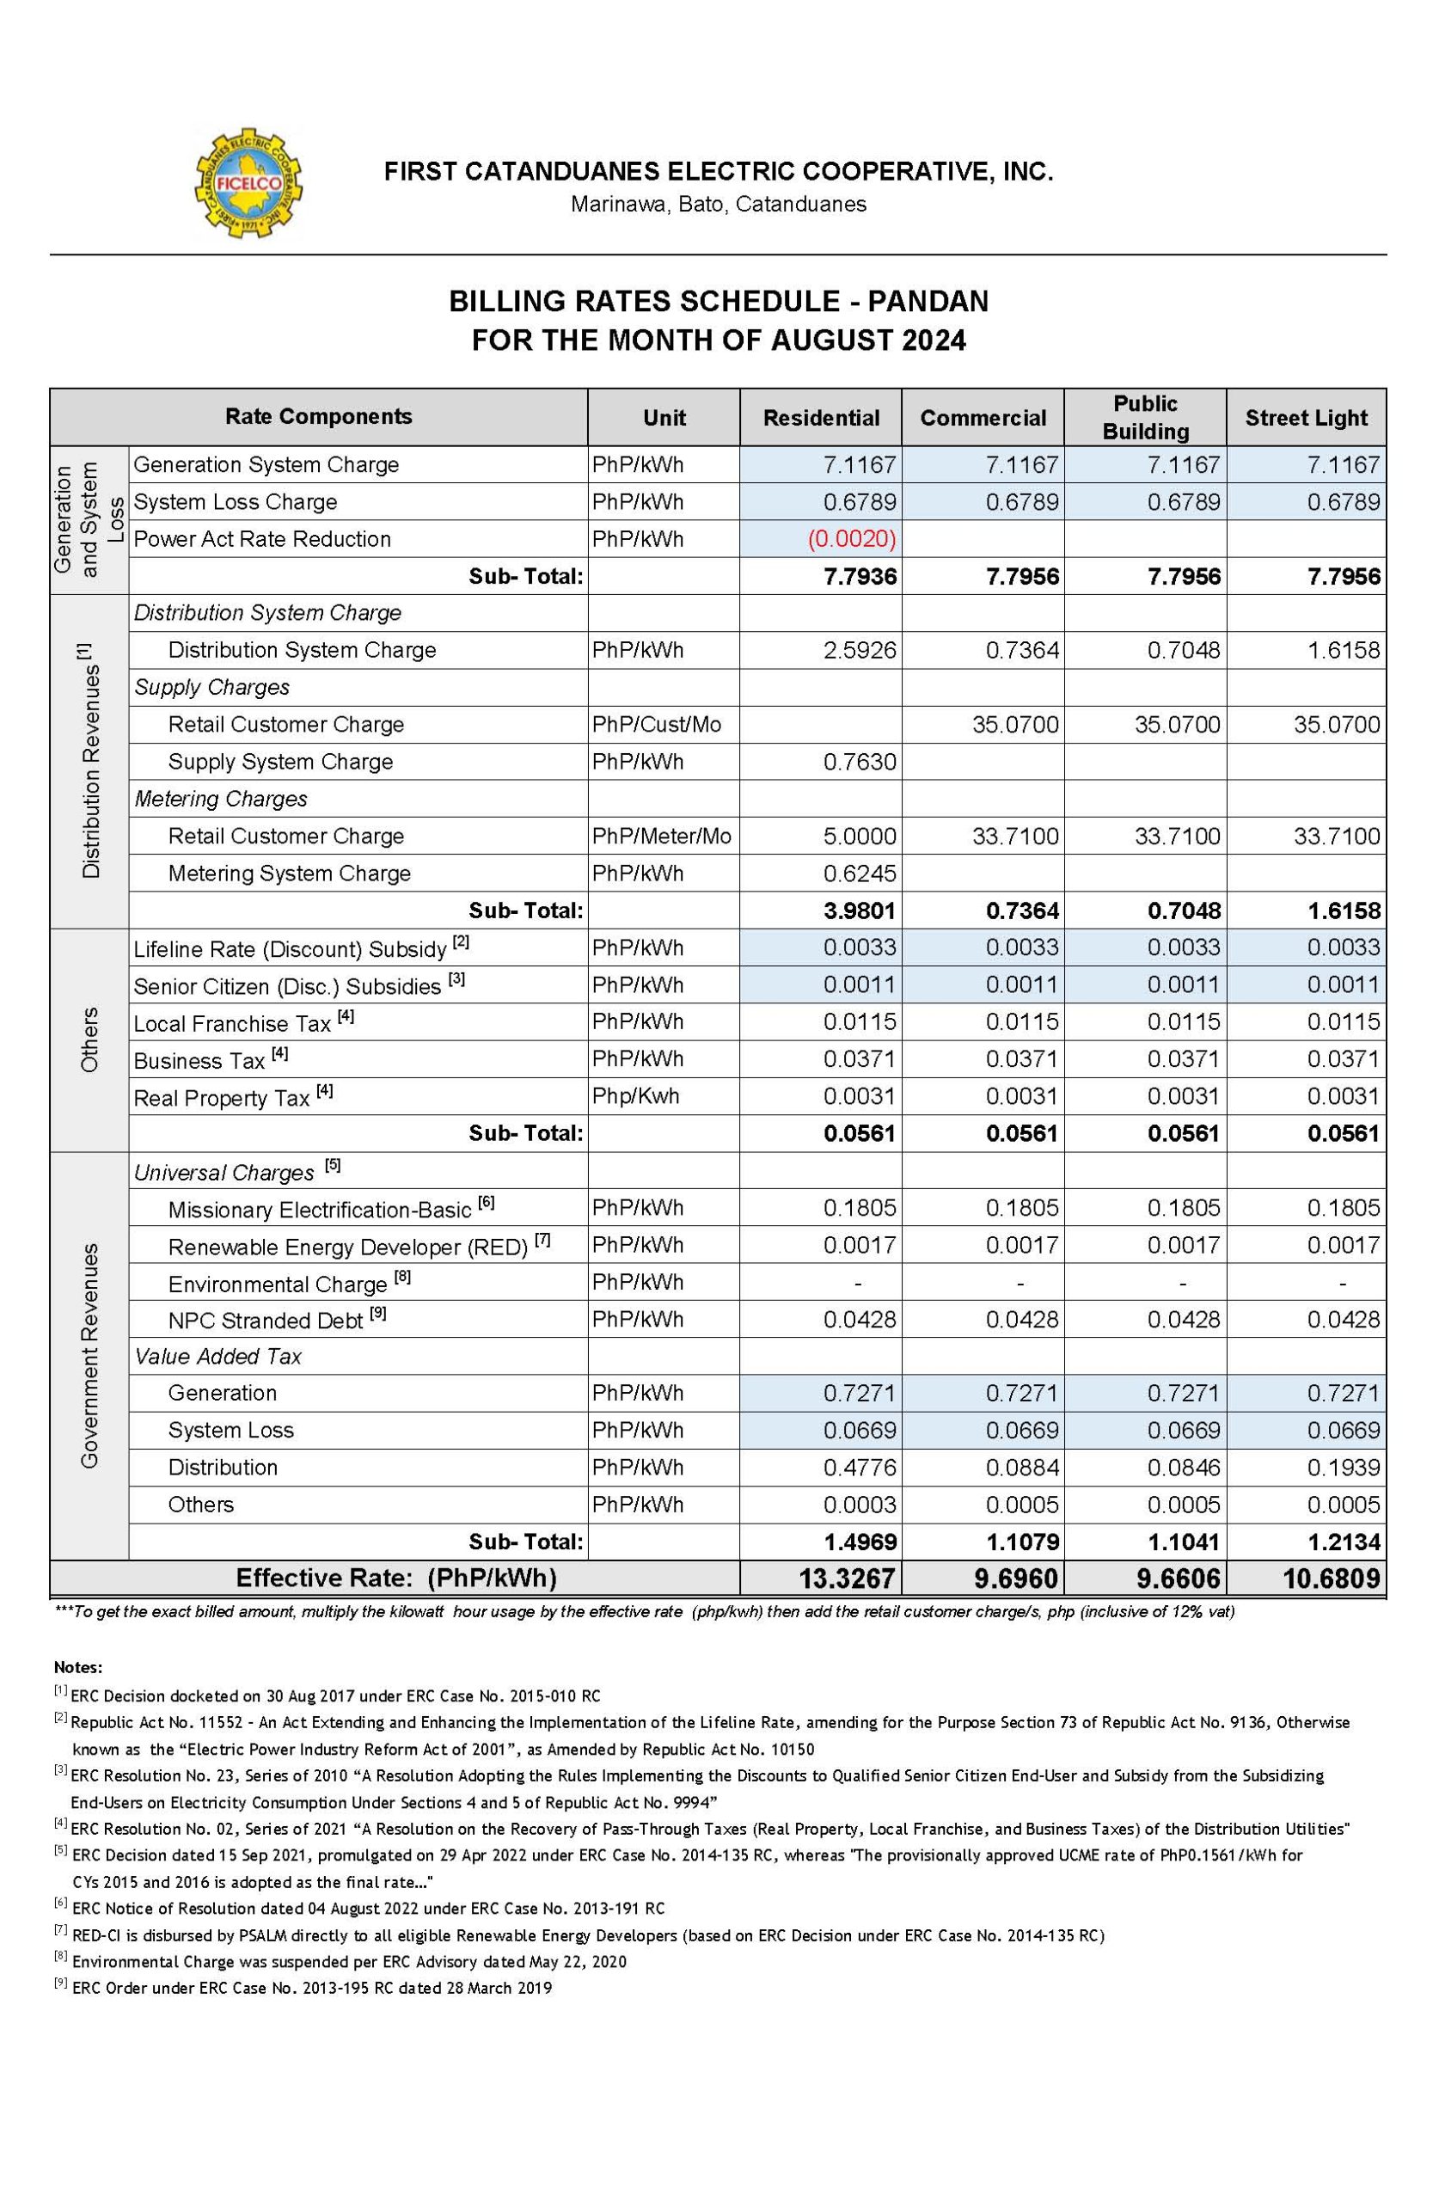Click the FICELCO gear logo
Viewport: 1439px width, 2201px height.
[248, 184]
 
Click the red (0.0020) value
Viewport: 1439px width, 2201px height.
[852, 539]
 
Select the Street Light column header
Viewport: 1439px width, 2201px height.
[1305, 418]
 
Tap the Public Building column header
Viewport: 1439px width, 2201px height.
[1145, 417]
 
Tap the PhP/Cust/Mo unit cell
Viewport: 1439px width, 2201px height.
[657, 724]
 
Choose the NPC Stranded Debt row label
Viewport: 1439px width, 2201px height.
[266, 1321]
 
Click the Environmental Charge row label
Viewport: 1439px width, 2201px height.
[278, 1284]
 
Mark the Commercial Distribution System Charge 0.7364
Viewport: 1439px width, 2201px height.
[1022, 650]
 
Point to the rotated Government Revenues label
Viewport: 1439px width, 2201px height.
[89, 1356]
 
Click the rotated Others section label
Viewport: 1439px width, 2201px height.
[89, 1041]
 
